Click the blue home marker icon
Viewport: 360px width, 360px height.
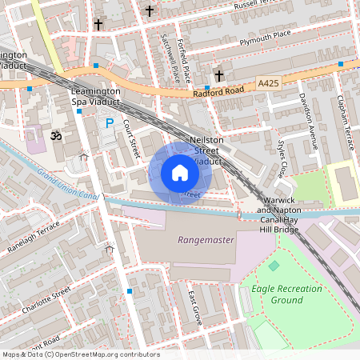tap(180, 173)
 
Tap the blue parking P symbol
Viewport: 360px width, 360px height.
tap(110, 123)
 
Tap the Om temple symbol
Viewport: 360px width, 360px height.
tap(55, 135)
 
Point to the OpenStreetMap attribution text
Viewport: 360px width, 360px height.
tap(80, 354)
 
